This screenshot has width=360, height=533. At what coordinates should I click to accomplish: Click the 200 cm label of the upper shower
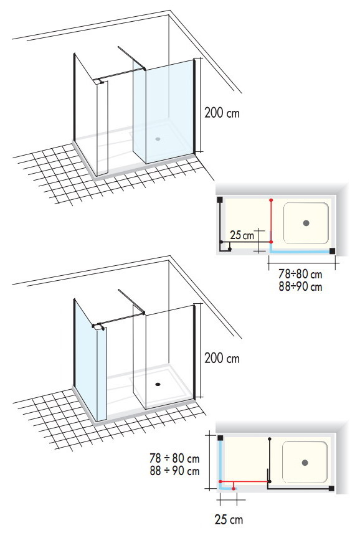click(x=222, y=113)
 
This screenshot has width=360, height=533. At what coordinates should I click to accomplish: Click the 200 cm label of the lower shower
click(x=222, y=358)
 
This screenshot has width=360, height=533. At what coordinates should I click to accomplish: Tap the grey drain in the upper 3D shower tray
click(x=158, y=139)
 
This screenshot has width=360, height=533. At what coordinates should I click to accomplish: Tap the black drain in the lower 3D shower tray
click(x=158, y=384)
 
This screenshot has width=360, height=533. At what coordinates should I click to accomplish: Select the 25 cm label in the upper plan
click(x=242, y=235)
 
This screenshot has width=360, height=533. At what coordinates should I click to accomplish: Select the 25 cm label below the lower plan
click(x=229, y=519)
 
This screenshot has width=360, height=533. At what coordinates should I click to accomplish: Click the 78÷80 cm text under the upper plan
click(x=300, y=274)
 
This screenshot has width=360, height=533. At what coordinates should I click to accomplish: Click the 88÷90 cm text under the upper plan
click(x=300, y=286)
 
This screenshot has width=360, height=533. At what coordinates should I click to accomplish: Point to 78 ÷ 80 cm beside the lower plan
click(x=174, y=458)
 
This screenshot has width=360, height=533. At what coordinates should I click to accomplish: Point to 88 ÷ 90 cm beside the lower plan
click(x=174, y=471)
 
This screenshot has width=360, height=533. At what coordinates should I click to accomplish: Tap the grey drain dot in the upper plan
click(x=306, y=223)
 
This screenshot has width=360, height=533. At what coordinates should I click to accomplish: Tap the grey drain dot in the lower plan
click(x=305, y=463)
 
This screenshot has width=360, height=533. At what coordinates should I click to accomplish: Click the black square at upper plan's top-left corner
click(x=220, y=200)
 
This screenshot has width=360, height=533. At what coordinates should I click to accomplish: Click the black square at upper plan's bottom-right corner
click(x=332, y=251)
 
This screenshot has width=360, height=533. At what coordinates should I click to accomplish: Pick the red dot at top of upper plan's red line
click(x=271, y=200)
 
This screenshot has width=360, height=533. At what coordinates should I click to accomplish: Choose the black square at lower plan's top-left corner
click(x=220, y=438)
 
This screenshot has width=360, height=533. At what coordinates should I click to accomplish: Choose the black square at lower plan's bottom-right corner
click(x=331, y=488)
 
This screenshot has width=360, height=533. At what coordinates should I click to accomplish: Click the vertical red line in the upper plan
click(x=271, y=221)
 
